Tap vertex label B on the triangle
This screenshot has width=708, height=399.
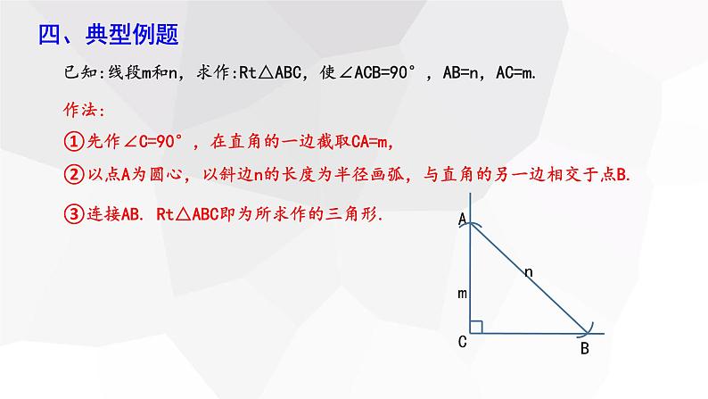click(x=584, y=350)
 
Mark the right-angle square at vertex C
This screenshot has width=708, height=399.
click(x=476, y=327)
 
